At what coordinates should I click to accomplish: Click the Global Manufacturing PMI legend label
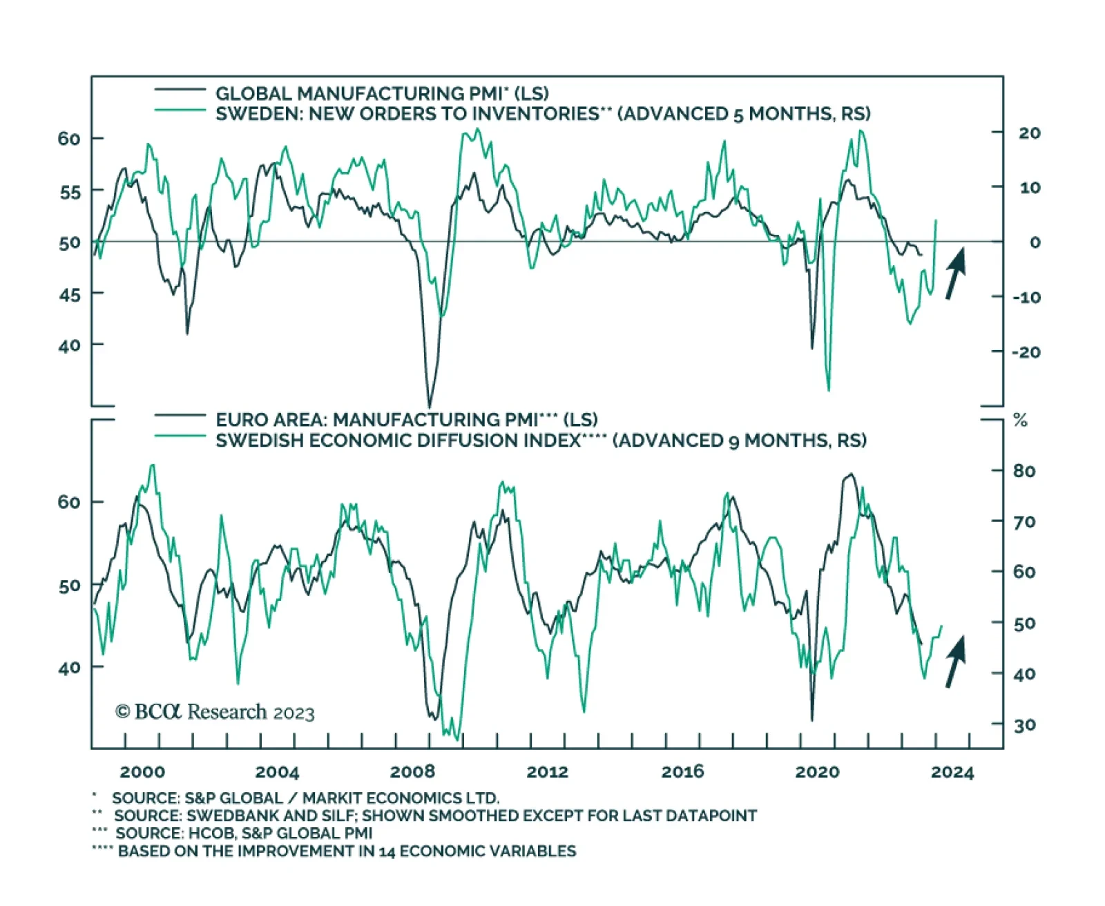382,93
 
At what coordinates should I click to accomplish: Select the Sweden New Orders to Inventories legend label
543,113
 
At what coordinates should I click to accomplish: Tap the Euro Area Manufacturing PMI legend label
406,420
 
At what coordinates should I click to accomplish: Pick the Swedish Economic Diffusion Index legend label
541,441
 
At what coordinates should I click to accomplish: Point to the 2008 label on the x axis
412,771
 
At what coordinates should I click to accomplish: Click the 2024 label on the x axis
952,771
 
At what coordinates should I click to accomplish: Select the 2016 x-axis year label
682,771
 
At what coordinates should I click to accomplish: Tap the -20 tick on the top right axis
1026,352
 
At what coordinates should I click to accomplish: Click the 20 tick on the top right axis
1029,133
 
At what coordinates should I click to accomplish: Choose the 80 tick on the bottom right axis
1024,471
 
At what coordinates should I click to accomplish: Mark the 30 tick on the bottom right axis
1024,724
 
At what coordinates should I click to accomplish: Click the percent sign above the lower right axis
1020,420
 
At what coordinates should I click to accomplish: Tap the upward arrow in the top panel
955,273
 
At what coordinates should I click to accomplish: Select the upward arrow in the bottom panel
955,662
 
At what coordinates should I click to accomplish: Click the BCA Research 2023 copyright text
215,712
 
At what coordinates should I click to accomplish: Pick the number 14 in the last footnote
387,851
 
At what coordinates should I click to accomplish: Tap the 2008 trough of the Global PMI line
430,406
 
